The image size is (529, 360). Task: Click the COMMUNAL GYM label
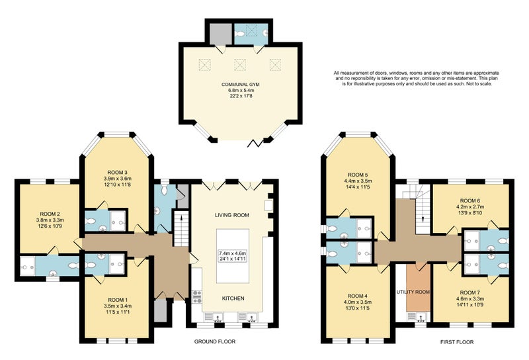click(240, 85)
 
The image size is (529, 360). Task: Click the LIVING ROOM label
click(232, 215)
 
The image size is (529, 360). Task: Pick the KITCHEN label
click(233, 298)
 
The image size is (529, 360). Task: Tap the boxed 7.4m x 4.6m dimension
click(233, 253)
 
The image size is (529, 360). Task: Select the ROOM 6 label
click(470, 201)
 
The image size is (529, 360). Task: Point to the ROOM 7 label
click(470, 292)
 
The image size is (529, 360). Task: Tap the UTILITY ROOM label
click(413, 292)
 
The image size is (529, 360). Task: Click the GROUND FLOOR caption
click(214, 341)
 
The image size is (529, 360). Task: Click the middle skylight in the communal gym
click(240, 64)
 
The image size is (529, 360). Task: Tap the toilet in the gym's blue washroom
click(239, 34)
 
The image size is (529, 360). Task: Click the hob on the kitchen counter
click(196, 296)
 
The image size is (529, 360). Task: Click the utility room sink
click(419, 317)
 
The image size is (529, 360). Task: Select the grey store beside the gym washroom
click(221, 34)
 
